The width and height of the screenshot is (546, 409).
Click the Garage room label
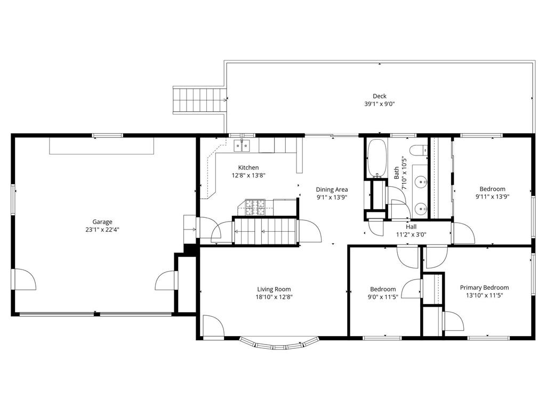102,222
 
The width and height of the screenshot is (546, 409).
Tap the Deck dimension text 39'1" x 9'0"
380,104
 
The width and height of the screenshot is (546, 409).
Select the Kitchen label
248,167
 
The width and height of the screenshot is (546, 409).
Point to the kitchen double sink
242,145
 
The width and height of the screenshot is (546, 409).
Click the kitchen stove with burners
255,207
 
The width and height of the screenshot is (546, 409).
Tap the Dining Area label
332,190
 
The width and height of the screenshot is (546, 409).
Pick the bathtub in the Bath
377,158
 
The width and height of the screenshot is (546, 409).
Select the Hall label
411,227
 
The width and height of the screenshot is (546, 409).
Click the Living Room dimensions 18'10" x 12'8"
274,297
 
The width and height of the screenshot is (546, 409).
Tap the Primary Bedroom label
484,288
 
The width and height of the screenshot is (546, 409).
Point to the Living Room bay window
278,343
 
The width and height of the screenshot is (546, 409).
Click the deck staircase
200,100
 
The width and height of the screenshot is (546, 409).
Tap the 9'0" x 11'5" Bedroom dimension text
383,297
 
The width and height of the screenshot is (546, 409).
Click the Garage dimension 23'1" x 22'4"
102,230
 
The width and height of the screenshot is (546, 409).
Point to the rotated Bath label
397,173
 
